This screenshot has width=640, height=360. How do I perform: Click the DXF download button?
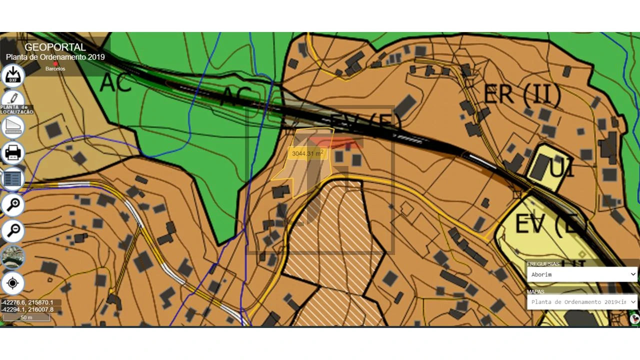[13, 75]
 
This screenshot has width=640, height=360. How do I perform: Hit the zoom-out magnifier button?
[13, 230]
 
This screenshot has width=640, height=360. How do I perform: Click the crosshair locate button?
[13, 283]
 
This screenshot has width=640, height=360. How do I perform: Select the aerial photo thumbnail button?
[13, 257]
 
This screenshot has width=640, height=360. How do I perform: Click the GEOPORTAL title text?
[55, 47]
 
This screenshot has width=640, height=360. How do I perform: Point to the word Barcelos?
[55, 69]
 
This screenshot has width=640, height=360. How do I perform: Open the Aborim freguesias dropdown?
[582, 274]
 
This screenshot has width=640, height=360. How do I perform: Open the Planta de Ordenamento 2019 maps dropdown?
[582, 302]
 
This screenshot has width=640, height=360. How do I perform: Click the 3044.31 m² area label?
[307, 153]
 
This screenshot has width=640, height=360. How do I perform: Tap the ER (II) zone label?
[522, 94]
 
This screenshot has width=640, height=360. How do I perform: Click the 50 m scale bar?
[26, 317]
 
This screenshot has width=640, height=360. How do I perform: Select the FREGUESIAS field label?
[543, 263]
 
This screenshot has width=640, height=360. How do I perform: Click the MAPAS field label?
[535, 291]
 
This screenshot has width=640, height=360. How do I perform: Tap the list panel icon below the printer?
[13, 178]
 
